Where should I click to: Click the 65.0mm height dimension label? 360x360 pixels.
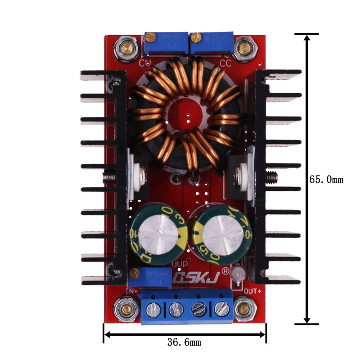326,180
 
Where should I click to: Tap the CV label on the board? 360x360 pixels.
145,63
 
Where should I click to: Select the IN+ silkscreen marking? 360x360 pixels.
132,292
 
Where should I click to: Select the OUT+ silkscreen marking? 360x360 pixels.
252,291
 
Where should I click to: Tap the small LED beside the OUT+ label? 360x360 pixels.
239,274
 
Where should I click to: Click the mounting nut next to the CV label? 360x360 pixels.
125,47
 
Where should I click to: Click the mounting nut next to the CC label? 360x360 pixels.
244,47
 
